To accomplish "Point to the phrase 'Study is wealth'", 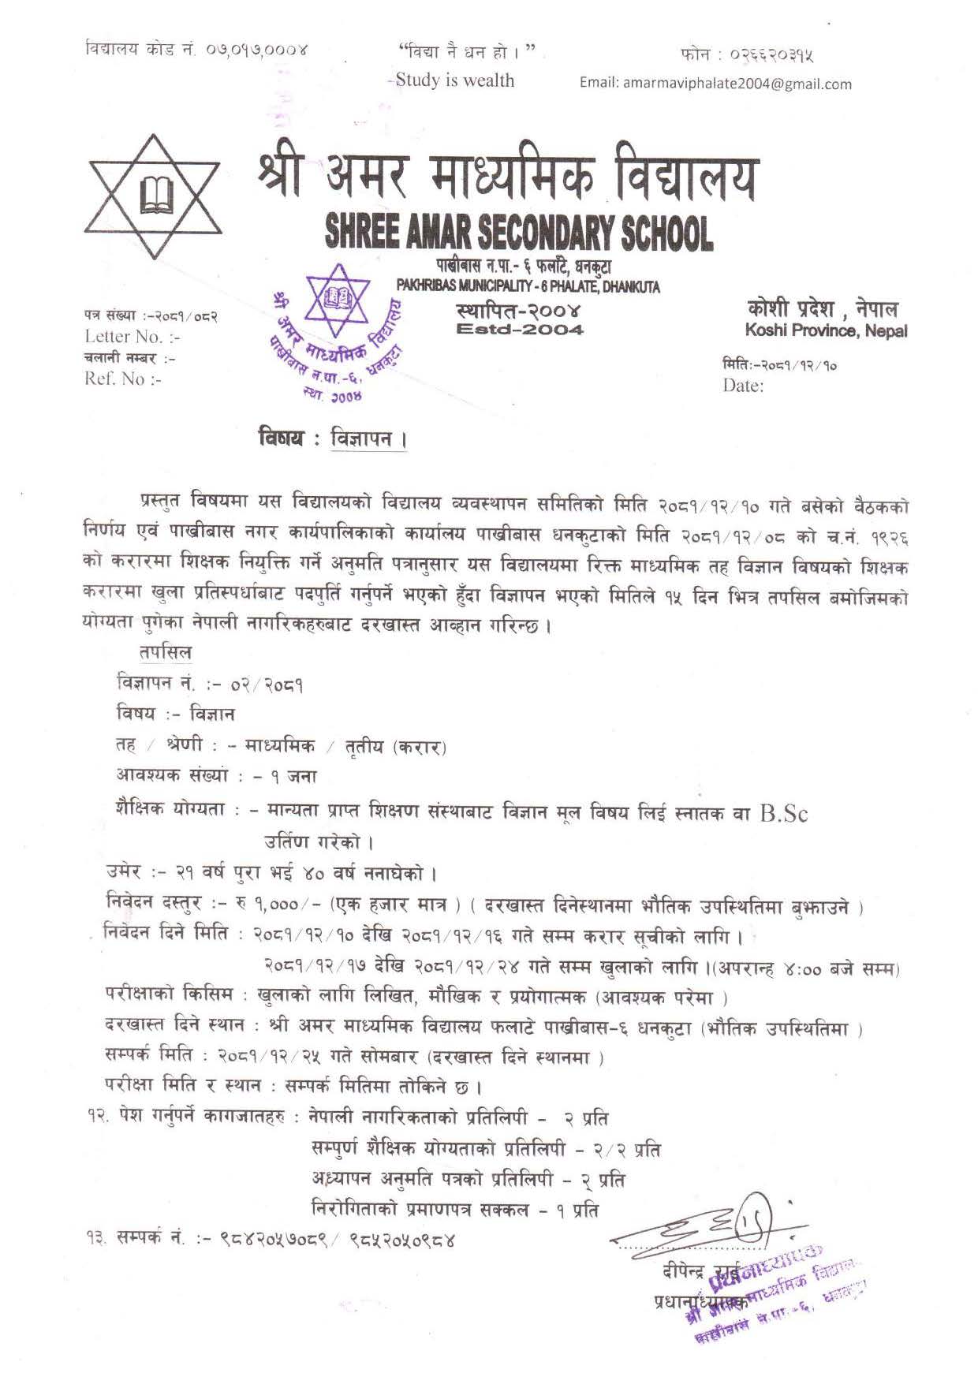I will pyautogui.click(x=455, y=80).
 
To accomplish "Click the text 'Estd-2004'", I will pyautogui.click(x=520, y=330).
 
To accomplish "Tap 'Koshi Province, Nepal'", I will pyautogui.click(x=825, y=331).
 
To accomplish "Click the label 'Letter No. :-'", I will pyautogui.click(x=132, y=337).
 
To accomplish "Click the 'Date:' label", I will pyautogui.click(x=743, y=386).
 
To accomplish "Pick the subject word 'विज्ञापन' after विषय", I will pyautogui.click(x=361, y=438).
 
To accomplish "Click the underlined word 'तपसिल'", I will pyautogui.click(x=165, y=653).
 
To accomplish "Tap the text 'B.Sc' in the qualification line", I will pyautogui.click(x=783, y=813).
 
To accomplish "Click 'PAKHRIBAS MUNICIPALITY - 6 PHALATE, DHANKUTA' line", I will pyautogui.click(x=528, y=286).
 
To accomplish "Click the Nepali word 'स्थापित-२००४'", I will pyautogui.click(x=518, y=309).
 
